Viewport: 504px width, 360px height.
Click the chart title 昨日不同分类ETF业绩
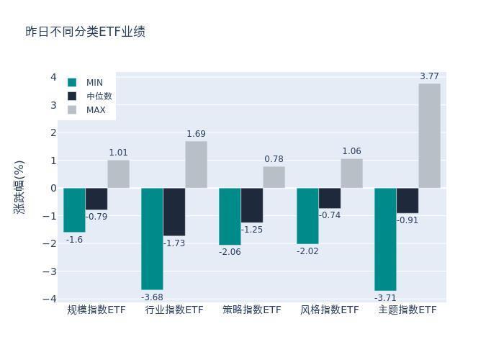tap(86, 32)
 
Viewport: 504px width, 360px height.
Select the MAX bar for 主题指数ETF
tap(429, 135)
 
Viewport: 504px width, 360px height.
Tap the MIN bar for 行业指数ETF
tap(152, 238)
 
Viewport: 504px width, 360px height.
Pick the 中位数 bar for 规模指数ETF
tap(96, 199)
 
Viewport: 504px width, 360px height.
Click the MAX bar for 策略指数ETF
tap(274, 177)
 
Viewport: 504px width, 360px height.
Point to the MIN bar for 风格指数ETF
tap(307, 216)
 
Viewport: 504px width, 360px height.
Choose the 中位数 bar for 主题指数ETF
tap(408, 200)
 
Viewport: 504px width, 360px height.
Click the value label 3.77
tap(429, 76)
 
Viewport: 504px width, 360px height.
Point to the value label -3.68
tap(152, 297)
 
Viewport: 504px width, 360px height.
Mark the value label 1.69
tap(196, 134)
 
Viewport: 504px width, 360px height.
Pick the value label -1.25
tap(252, 230)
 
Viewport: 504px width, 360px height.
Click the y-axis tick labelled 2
tap(53, 132)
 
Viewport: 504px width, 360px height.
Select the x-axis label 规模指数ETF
tap(96, 310)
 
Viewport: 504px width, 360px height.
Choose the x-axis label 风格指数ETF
tap(329, 310)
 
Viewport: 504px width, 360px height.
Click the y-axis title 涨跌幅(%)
tap(19, 187)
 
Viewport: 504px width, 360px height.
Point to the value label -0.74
tap(330, 215)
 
